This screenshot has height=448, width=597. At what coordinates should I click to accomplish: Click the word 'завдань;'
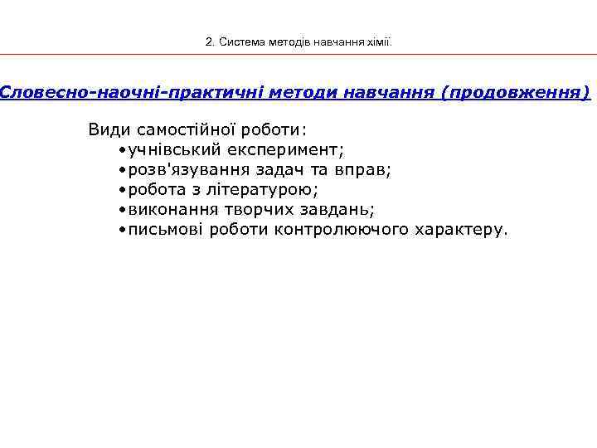coord(339,210)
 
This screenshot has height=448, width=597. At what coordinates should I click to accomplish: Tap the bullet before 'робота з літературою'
coord(121,190)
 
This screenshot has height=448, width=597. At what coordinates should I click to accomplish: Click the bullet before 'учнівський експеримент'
coord(121,150)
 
